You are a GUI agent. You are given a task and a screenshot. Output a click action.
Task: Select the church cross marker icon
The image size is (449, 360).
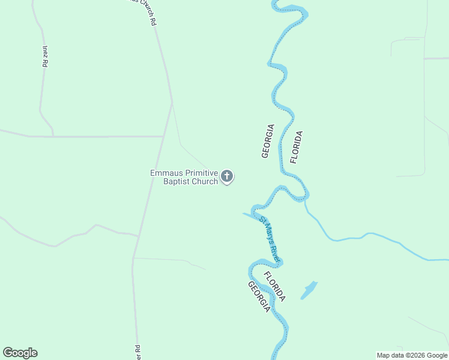click(x=227, y=176)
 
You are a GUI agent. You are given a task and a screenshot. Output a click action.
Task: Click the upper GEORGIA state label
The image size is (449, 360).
click(x=268, y=141)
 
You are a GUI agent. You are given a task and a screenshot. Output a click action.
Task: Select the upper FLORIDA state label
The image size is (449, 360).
click(x=296, y=146)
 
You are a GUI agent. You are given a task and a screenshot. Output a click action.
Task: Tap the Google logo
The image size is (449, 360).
click(x=20, y=353)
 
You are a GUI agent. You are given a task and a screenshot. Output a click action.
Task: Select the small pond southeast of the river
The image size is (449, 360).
click(x=309, y=290)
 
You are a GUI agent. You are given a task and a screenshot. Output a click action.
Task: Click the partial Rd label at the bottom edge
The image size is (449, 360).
click(x=137, y=351)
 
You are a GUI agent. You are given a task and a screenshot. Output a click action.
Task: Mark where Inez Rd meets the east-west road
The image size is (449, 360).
click(x=53, y=136)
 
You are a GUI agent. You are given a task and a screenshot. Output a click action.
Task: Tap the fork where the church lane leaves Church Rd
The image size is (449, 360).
click(x=172, y=104)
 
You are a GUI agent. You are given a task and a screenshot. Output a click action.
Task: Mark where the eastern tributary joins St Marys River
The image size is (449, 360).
click(x=306, y=200)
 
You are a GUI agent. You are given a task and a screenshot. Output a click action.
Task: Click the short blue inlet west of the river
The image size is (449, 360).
click(x=249, y=214)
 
